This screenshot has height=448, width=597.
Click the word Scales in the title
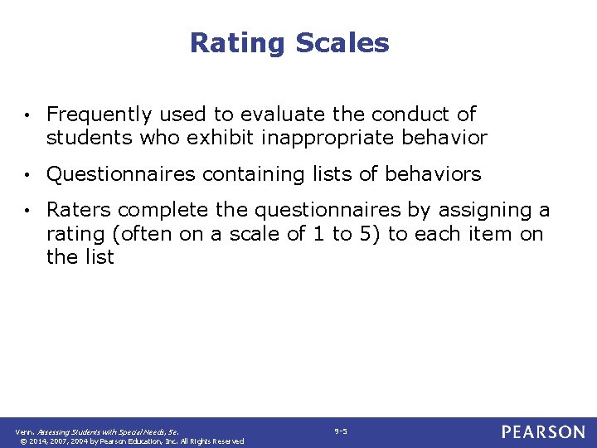(347, 42)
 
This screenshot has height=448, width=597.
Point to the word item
(489, 234)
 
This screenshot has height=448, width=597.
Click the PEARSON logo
(542, 432)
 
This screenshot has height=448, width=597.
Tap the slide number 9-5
(340, 431)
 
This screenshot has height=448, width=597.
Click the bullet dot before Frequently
(28, 115)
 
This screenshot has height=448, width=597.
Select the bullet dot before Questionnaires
(28, 175)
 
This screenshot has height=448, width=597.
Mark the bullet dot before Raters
(28, 212)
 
